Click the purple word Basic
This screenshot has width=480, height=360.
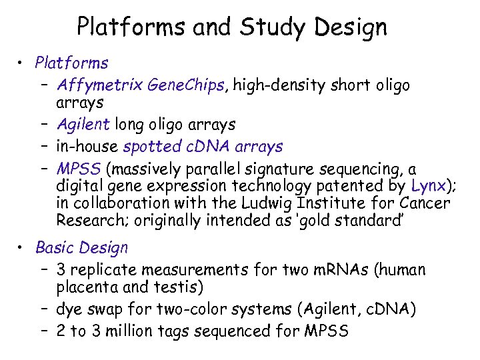coord(55,248)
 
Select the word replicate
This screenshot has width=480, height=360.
coord(107,270)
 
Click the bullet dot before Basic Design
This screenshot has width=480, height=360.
coord(23,248)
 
